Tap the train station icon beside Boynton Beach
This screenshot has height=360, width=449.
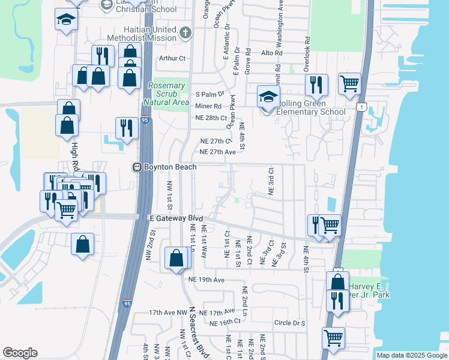coord(137,167)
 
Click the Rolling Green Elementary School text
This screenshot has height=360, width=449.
coord(310,111)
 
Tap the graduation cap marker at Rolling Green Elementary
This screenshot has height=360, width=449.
coord(268,96)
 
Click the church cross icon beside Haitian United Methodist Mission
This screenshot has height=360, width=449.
coord(185,32)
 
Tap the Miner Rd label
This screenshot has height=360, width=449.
coord(208,106)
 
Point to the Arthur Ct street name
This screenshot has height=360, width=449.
coord(173,59)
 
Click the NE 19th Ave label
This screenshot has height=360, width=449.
coord(206,280)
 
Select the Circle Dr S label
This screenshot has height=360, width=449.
coord(289,323)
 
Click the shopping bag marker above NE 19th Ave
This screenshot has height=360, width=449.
coord(176,259)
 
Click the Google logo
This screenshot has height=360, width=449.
coord(20,353)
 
